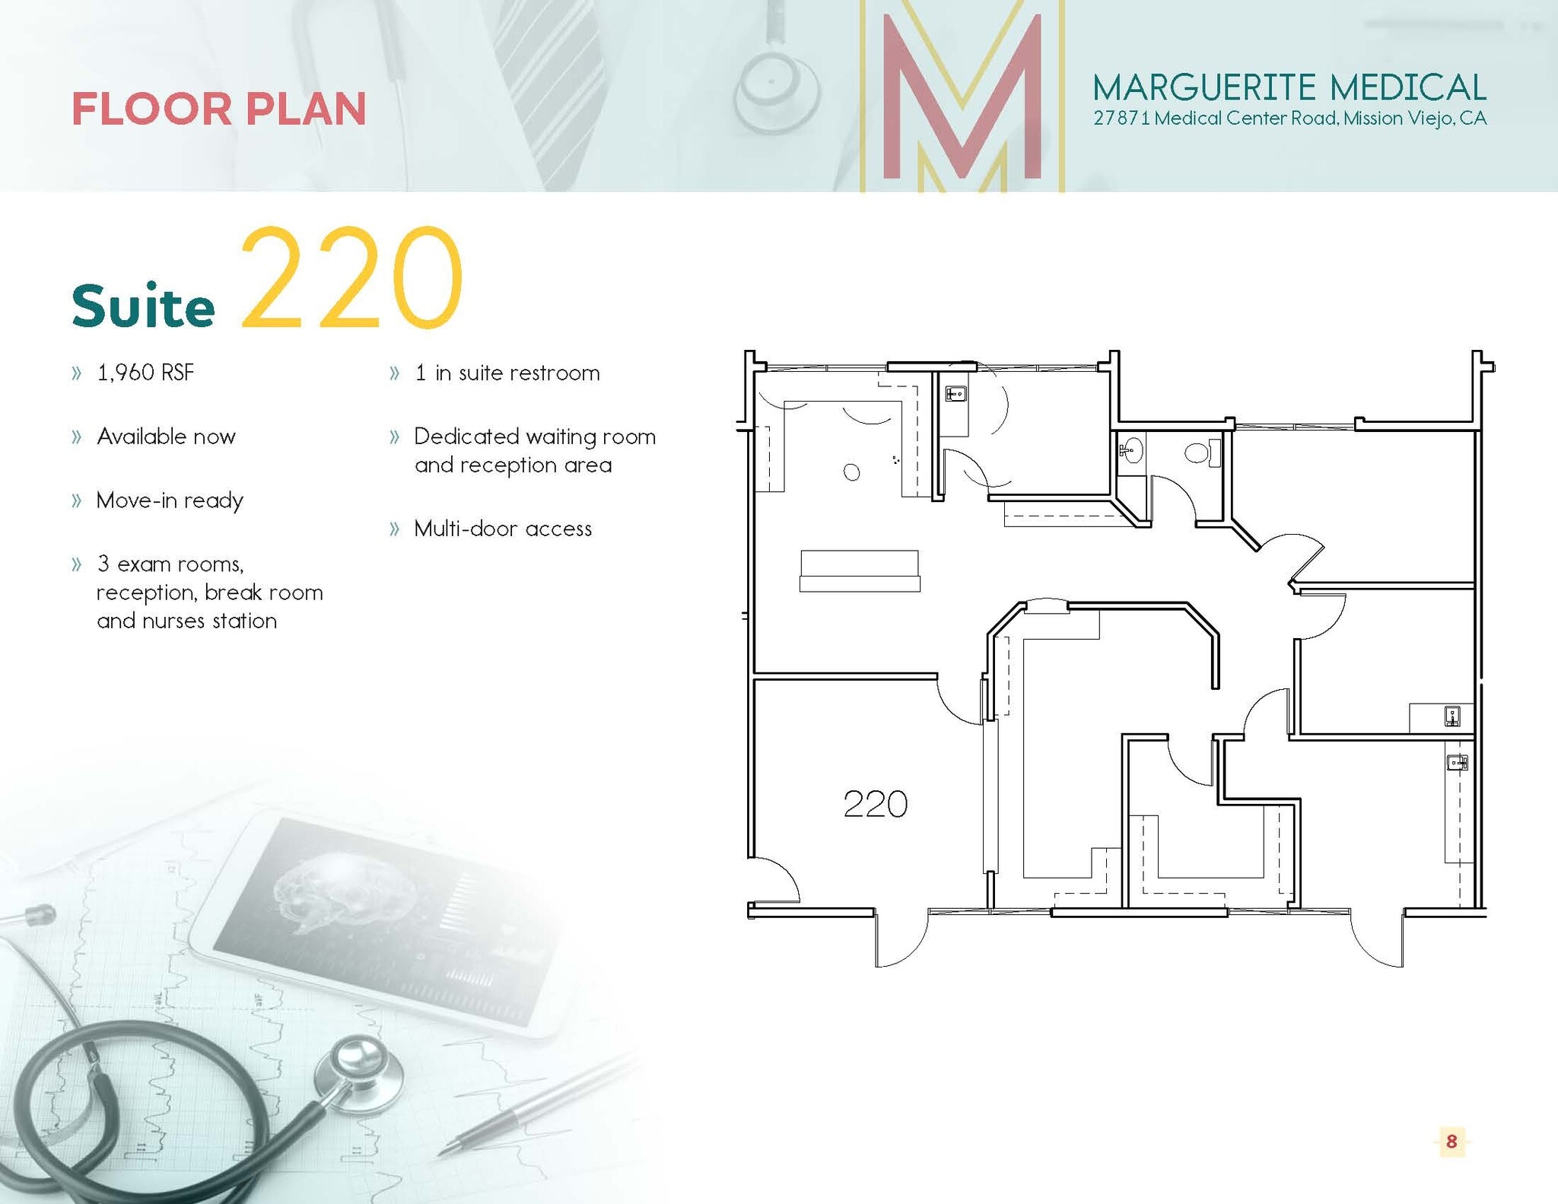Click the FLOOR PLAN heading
[219, 109]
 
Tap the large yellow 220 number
[351, 278]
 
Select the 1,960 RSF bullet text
[145, 373]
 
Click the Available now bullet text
[166, 437]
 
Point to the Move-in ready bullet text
[170, 500]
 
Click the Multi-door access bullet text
[502, 529]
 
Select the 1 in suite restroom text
[507, 373]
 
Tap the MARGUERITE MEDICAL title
[1289, 87]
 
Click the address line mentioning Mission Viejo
[1289, 119]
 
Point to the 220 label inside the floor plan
[875, 805]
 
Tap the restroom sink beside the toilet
[1131, 450]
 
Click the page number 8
[1451, 1141]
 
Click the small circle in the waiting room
[851, 472]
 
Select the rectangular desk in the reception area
[859, 570]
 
